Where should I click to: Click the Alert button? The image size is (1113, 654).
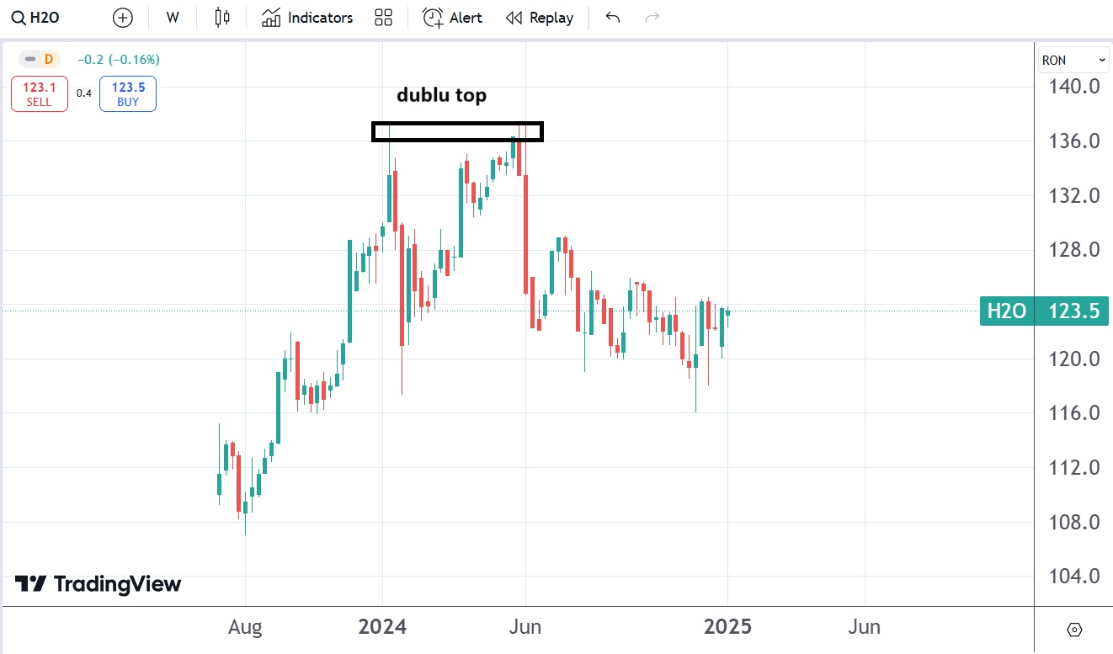pyautogui.click(x=452, y=18)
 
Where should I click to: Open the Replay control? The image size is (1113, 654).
pyautogui.click(x=539, y=18)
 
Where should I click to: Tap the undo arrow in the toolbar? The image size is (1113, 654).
pyautogui.click(x=613, y=18)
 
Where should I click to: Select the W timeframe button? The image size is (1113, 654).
pyautogui.click(x=173, y=18)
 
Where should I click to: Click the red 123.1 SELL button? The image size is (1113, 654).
pyautogui.click(x=39, y=93)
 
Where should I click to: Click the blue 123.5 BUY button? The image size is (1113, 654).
pyautogui.click(x=127, y=93)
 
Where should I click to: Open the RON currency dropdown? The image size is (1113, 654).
pyautogui.click(x=1074, y=60)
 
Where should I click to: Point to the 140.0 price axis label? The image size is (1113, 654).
pyautogui.click(x=1072, y=87)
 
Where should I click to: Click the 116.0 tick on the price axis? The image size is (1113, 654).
pyautogui.click(x=1072, y=413)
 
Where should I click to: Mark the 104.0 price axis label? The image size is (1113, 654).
pyautogui.click(x=1072, y=577)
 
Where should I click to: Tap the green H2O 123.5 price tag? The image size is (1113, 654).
pyautogui.click(x=1044, y=311)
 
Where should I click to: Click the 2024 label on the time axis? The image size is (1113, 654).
pyautogui.click(x=382, y=627)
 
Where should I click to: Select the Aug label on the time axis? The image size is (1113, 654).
pyautogui.click(x=245, y=627)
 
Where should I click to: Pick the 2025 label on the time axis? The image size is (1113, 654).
pyautogui.click(x=727, y=627)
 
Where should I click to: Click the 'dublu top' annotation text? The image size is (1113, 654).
pyautogui.click(x=441, y=95)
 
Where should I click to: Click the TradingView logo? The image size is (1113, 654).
pyautogui.click(x=99, y=584)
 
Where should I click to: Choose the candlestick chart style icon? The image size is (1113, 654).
pyautogui.click(x=222, y=18)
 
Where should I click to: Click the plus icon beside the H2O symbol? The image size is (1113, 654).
pyautogui.click(x=123, y=18)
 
